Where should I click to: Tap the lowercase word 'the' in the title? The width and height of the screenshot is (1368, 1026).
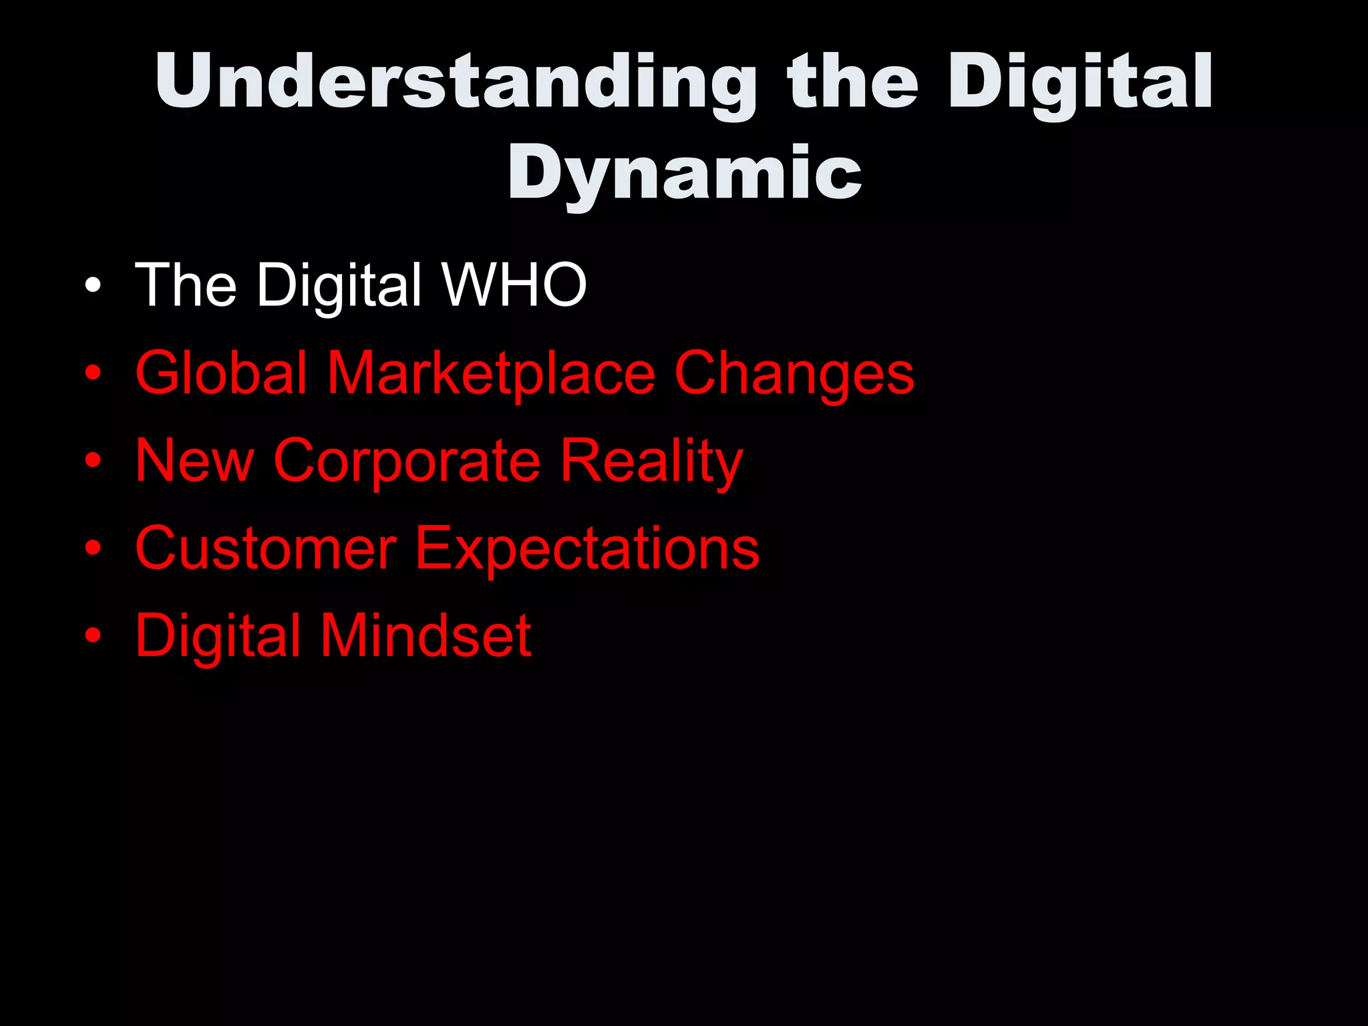tap(852, 81)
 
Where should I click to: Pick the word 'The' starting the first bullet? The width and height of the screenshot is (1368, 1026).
tap(186, 285)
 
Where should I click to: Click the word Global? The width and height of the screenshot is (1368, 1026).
tap(221, 373)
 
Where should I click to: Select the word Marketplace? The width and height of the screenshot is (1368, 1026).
tap(491, 374)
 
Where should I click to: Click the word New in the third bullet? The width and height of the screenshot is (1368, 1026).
tap(194, 460)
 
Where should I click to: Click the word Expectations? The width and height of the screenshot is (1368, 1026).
tap(587, 550)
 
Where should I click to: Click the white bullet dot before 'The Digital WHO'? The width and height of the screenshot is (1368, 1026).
tap(93, 287)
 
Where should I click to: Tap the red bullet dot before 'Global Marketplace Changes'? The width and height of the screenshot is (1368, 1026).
tap(93, 374)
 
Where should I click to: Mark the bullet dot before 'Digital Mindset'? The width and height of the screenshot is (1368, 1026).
tap(93, 636)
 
